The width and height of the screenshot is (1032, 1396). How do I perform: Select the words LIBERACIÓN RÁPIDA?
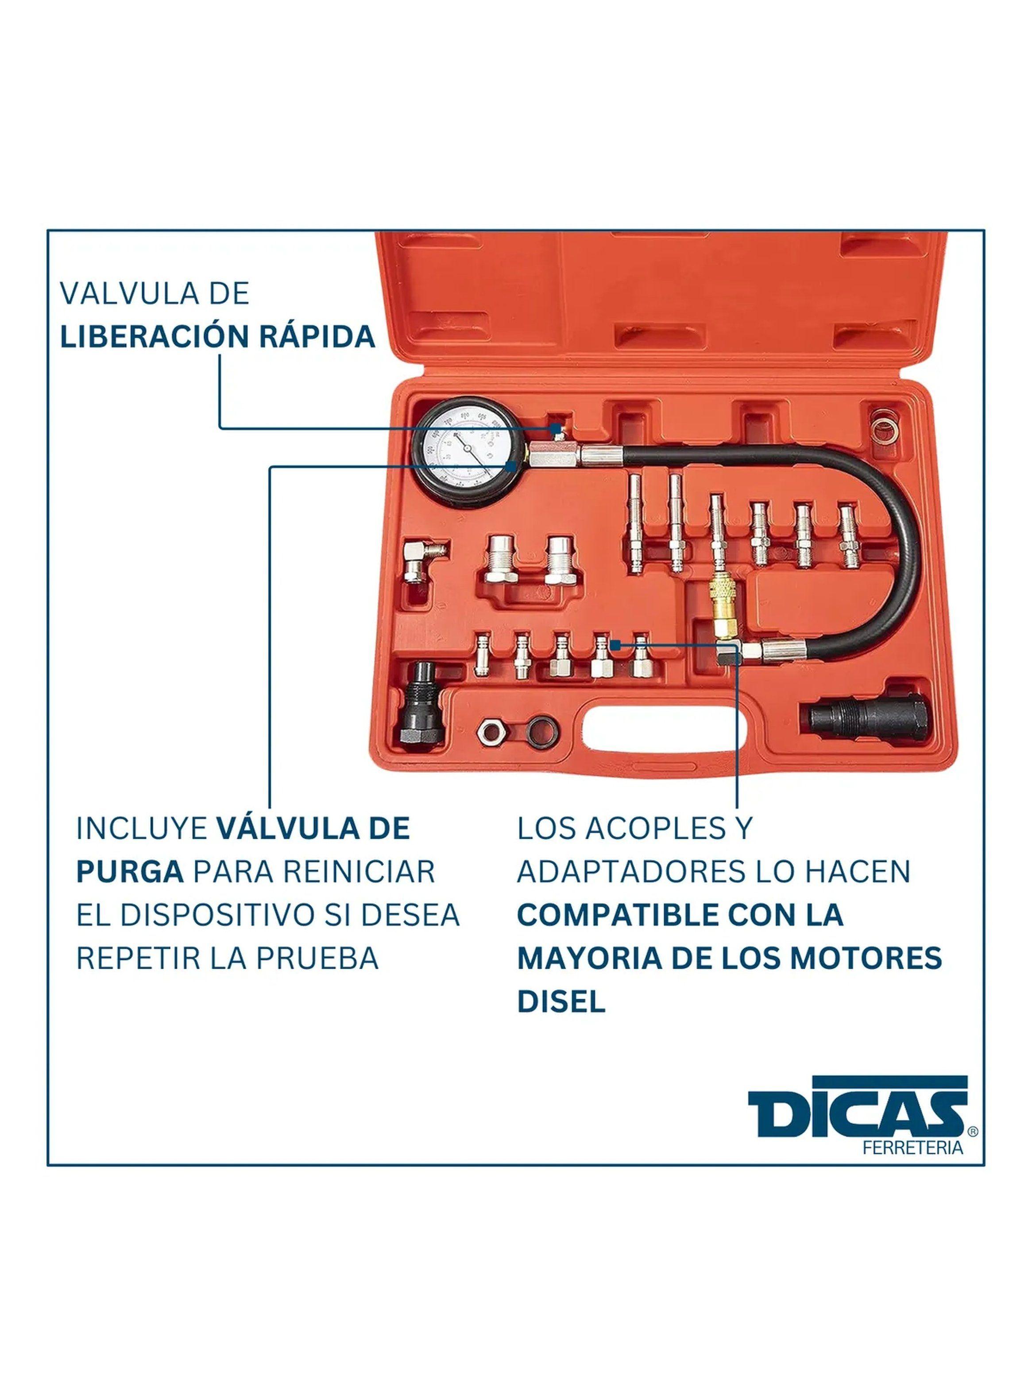coord(217,337)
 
